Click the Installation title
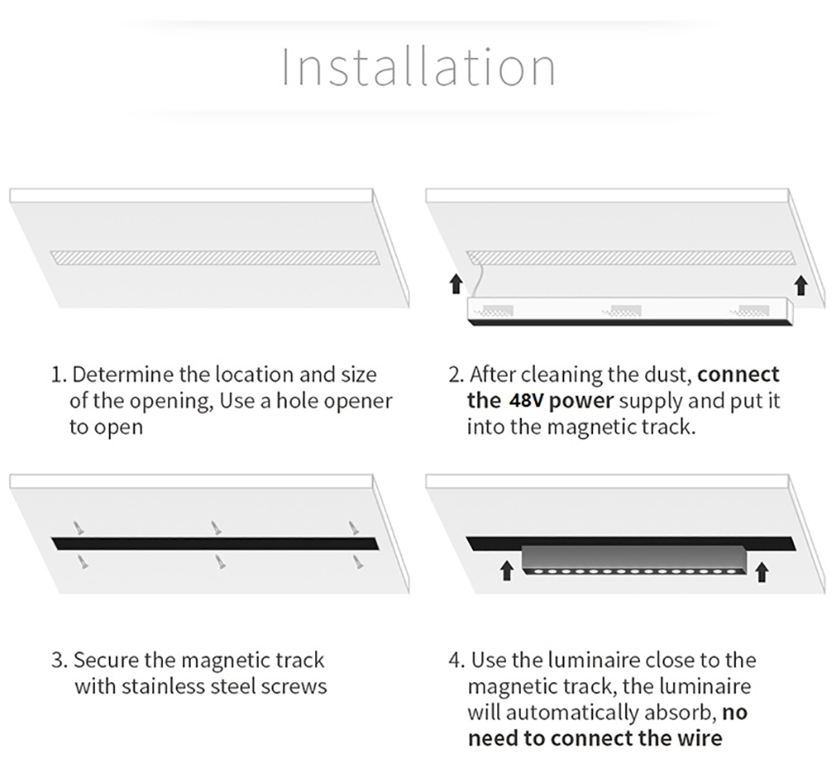[419, 67]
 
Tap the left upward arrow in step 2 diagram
[455, 283]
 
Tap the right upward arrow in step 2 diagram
[800, 285]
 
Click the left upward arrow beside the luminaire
[507, 570]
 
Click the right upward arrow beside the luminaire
[762, 572]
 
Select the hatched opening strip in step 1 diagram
[216, 258]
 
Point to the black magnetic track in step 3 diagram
[216, 543]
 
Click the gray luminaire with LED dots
[634, 561]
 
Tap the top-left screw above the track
[79, 528]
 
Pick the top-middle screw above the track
[216, 528]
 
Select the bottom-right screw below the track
[358, 561]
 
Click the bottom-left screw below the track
[83, 561]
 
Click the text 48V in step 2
[525, 400]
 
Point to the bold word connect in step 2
[738, 374]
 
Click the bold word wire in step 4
[700, 738]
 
